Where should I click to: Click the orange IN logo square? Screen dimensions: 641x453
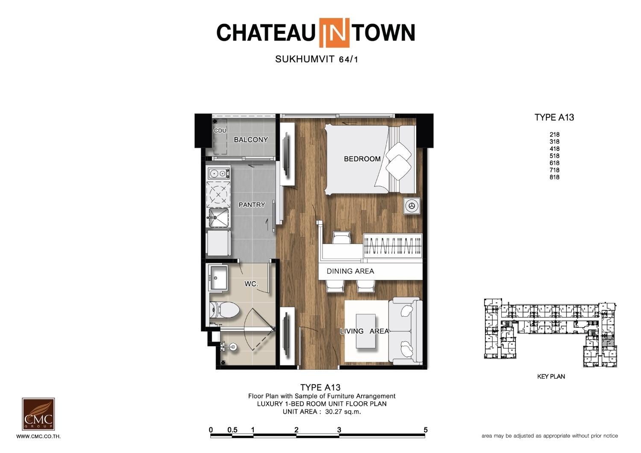tap(334, 32)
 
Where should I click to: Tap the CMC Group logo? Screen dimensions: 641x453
tap(38, 414)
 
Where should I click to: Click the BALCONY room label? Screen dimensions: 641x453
tap(251, 140)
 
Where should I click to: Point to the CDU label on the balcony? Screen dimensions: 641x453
tap(220, 130)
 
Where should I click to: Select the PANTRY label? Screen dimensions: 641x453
tap(252, 205)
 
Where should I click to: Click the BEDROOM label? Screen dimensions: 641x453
tap(362, 159)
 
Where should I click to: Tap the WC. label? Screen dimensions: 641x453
tap(251, 284)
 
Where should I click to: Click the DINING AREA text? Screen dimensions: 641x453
tap(350, 271)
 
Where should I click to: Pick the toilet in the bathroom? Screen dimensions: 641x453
tap(224, 310)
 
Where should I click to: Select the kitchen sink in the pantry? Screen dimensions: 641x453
tap(218, 218)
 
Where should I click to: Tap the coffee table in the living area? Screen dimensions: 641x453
tap(365, 331)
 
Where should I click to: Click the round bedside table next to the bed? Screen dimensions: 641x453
tap(412, 206)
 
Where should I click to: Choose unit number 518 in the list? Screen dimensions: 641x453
tap(554, 156)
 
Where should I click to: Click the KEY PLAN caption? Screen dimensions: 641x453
tap(551, 377)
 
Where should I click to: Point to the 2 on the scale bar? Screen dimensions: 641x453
tap(296, 429)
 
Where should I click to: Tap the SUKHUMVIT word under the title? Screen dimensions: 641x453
tap(305, 59)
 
